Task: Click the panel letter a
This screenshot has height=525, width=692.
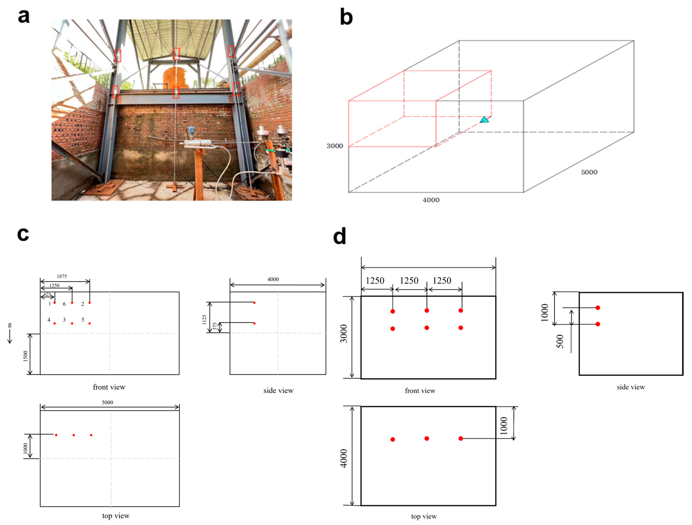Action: tap(24, 16)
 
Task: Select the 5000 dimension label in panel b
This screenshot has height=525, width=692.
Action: tap(589, 172)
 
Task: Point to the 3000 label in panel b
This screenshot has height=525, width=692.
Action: tap(335, 146)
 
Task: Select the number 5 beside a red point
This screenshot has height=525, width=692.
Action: tap(83, 320)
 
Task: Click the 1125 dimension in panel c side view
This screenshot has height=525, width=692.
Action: tap(204, 319)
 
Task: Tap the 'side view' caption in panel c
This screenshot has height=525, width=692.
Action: tap(278, 391)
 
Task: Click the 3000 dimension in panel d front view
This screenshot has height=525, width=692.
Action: tap(344, 334)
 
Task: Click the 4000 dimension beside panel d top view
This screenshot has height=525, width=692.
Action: tap(344, 458)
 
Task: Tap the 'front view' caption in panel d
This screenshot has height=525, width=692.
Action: tap(420, 391)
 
